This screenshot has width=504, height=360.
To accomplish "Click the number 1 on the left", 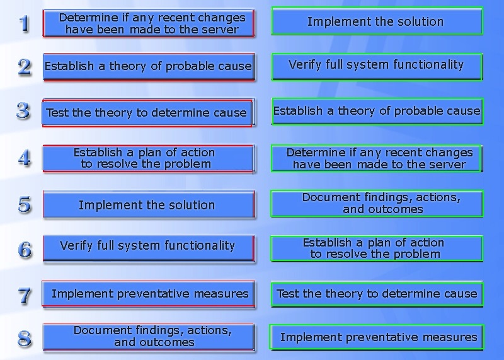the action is click(24, 23).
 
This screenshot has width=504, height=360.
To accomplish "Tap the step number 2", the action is click(25, 67).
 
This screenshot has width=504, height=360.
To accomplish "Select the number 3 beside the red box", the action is click(23, 112).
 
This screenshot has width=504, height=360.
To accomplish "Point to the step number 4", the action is click(25, 158).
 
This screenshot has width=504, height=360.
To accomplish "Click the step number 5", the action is click(25, 205).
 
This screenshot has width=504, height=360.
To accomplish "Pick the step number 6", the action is click(25, 250).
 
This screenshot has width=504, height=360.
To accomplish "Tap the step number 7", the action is click(25, 296).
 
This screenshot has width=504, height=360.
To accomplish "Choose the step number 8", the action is click(25, 339).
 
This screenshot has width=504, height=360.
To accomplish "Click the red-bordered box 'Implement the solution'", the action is click(149, 205).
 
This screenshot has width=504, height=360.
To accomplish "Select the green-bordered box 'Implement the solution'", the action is click(377, 21).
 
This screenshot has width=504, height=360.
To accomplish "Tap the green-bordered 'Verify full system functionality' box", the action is click(377, 67).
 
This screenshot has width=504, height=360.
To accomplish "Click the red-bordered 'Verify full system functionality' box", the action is click(149, 248).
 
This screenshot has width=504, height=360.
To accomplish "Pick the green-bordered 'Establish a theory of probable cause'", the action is click(377, 112).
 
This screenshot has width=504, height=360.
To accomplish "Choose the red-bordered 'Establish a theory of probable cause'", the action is click(149, 67).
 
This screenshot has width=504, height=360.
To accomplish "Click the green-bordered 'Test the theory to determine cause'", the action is click(377, 294).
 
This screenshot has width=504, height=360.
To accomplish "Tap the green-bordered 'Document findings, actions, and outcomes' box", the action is click(377, 204).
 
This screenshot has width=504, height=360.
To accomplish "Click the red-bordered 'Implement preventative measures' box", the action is click(148, 294).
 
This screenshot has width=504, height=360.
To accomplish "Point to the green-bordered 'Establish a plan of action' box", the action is click(377, 248).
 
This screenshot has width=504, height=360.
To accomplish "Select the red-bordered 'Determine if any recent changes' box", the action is click(149, 23).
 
